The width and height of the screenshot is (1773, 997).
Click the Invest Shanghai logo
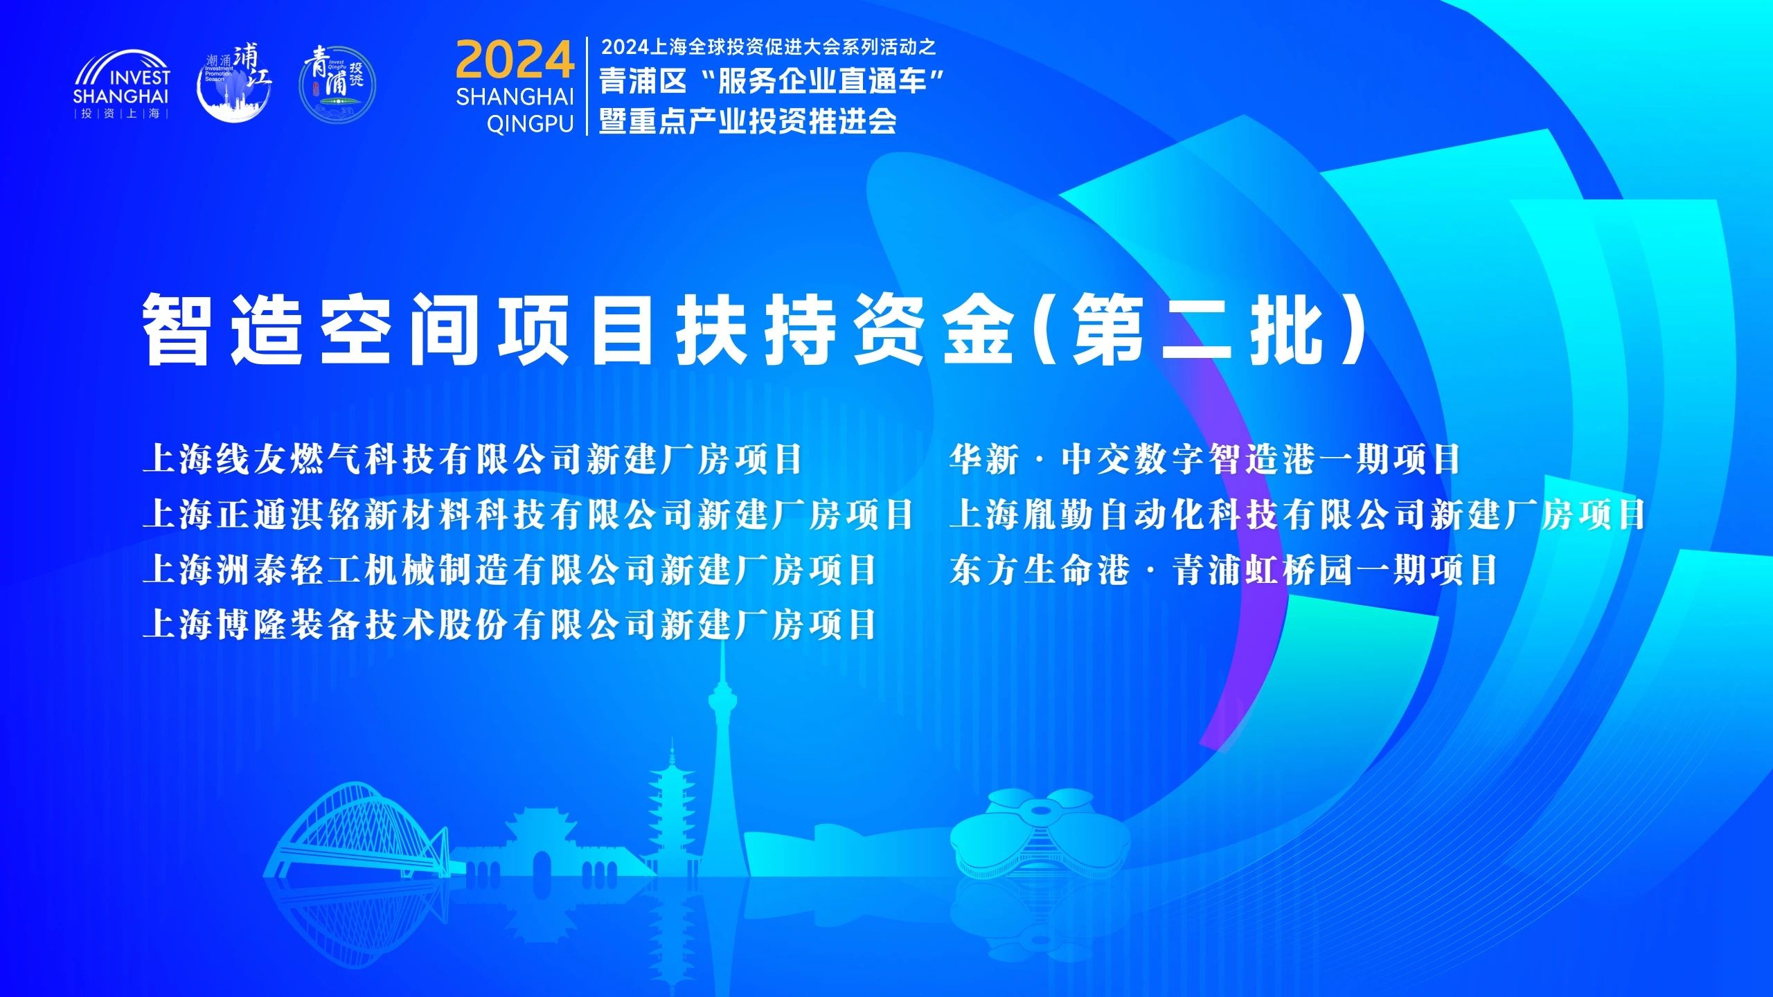click(121, 84)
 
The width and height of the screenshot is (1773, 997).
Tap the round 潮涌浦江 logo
click(234, 83)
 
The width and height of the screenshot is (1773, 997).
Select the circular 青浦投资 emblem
click(337, 84)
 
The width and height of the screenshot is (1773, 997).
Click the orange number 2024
click(515, 60)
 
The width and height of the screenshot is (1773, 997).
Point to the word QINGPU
click(531, 124)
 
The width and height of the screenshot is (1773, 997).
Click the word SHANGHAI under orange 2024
click(515, 96)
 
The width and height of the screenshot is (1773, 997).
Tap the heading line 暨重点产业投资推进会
click(748, 122)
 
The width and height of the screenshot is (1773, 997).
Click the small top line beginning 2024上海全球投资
click(769, 47)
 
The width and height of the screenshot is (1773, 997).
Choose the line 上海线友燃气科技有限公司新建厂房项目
click(472, 459)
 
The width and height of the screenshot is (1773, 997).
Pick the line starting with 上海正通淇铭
click(528, 514)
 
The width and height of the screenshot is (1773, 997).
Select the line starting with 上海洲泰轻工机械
click(510, 570)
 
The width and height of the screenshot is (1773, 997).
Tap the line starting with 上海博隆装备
click(510, 625)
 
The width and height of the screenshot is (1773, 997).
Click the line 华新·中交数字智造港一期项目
click(1205, 459)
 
